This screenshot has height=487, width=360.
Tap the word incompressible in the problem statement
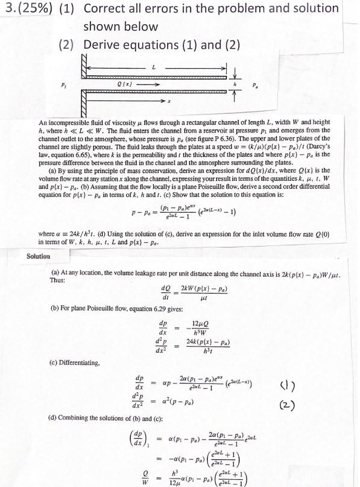tap(71, 122)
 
